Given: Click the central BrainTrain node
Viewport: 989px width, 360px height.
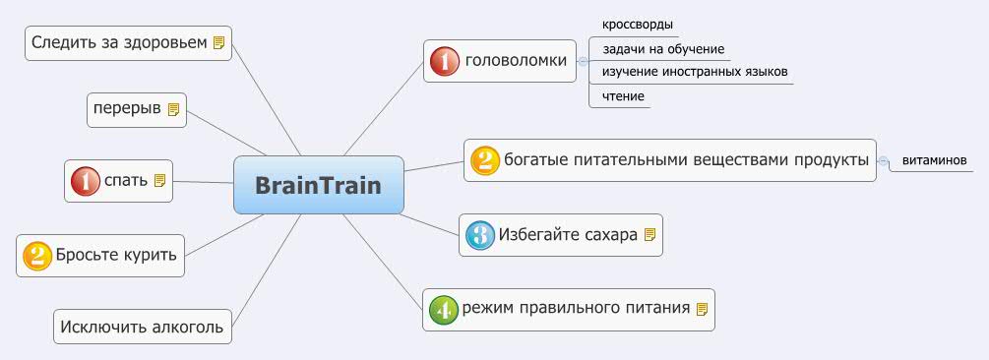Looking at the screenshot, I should [318, 185].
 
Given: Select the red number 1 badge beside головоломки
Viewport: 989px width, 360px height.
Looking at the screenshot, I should [445, 61].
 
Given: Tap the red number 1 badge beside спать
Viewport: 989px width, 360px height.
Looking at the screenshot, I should [85, 181].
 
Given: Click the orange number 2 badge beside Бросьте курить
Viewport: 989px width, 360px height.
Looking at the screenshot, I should [36, 256].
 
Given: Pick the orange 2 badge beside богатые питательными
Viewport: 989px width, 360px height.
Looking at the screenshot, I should [484, 159].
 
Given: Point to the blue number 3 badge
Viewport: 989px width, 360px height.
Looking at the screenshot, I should [479, 235].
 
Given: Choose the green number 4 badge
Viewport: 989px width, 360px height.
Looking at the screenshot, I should [443, 309].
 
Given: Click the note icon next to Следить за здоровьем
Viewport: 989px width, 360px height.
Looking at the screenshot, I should [219, 42].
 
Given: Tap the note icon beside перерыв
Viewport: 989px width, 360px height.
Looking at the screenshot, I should [173, 109].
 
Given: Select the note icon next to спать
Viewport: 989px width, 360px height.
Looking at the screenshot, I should [159, 181].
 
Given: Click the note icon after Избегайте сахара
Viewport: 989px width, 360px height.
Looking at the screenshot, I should [649, 235].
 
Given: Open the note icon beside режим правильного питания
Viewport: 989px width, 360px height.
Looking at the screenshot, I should [702, 309].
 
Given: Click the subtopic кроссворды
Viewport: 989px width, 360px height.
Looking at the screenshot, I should [637, 25].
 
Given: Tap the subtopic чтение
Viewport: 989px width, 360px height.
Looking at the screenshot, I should [623, 96].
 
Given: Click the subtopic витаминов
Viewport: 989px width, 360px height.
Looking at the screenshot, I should [934, 159].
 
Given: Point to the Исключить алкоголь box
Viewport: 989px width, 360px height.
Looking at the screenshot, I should [142, 327].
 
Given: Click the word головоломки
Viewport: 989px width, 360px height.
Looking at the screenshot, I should [516, 61].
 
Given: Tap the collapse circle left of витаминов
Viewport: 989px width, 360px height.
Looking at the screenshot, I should [884, 160].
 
